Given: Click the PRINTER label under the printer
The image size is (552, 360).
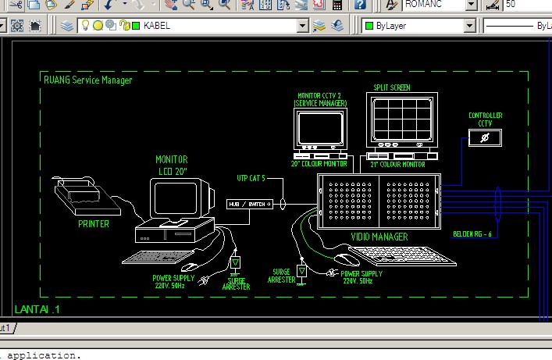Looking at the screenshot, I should (x=94, y=223).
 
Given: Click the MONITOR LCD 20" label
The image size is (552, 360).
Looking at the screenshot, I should (x=171, y=165).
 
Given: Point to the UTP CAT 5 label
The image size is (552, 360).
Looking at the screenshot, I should (x=251, y=179).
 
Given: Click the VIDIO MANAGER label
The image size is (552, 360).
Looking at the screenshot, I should (x=379, y=236).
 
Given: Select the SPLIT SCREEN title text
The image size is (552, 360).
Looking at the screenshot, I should (x=392, y=88).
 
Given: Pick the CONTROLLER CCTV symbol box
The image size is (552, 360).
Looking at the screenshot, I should (x=485, y=137).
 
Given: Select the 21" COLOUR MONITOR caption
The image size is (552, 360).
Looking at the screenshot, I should (x=398, y=165).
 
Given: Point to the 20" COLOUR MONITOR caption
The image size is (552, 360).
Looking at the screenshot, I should (x=319, y=165).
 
